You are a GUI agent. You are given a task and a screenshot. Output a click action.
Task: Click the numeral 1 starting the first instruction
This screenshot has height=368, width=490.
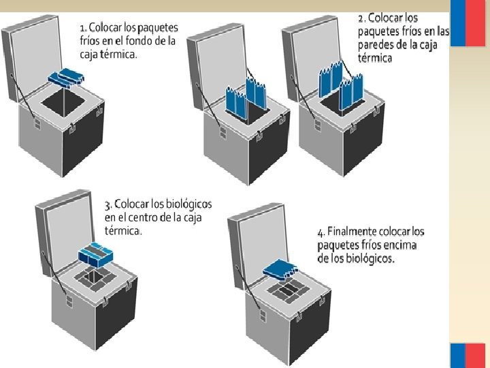82,28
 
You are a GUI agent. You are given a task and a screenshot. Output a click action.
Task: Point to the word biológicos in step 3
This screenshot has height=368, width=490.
187,204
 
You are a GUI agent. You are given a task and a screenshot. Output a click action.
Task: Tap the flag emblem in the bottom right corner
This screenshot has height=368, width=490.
469,355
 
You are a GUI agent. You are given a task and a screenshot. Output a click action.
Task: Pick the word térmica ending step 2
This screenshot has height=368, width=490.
375,59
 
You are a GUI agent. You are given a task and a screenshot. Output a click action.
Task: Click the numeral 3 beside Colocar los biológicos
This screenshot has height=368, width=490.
108,205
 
